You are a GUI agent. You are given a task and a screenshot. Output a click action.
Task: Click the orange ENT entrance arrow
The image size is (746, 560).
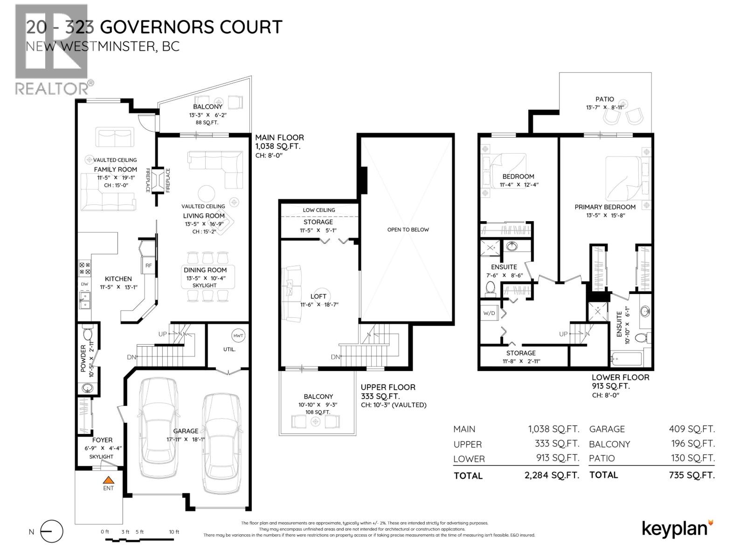click(x=108, y=479)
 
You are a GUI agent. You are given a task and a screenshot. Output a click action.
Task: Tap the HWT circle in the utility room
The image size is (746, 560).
click(x=238, y=336)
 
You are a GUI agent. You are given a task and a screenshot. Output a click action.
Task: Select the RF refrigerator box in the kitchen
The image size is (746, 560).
click(x=148, y=266)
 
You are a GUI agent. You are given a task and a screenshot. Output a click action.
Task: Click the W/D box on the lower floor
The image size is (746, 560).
click(x=489, y=313)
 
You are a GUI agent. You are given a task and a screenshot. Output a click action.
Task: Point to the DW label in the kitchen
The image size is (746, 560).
click(x=84, y=284)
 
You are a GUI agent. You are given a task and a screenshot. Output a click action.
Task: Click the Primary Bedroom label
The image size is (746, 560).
click(x=605, y=207)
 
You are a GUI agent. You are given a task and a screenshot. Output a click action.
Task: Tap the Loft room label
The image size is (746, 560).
click(x=318, y=296)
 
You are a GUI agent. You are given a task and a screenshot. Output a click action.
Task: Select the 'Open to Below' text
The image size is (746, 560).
click(x=408, y=230)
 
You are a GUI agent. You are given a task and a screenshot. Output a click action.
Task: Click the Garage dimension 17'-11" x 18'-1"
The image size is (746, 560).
click(x=186, y=439)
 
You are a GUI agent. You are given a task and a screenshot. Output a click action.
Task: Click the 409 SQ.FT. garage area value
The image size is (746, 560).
click(x=691, y=429)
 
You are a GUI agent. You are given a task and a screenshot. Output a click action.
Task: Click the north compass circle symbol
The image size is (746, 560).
click(x=51, y=532)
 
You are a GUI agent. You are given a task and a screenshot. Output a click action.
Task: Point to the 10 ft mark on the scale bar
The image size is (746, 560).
click(x=174, y=532)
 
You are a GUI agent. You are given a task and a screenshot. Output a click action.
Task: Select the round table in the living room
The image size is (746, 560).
click(x=207, y=193)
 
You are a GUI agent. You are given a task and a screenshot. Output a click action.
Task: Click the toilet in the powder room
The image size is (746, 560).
click(x=87, y=334)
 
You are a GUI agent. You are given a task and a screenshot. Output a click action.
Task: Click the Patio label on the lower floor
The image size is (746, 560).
click(x=604, y=99)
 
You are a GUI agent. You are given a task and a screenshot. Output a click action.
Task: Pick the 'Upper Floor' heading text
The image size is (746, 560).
click(x=387, y=387)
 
